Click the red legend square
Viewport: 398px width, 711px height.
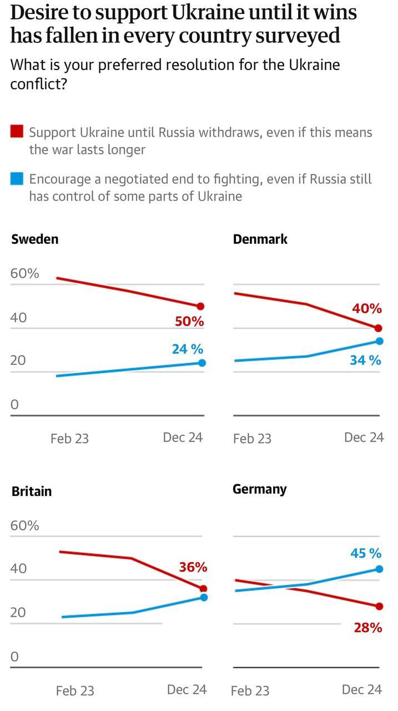(17, 132)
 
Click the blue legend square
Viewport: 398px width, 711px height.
(17, 178)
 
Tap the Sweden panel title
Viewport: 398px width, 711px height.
(34, 239)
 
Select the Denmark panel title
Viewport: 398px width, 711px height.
(260, 239)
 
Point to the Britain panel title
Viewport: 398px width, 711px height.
(32, 491)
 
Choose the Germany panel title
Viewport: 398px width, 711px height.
(259, 489)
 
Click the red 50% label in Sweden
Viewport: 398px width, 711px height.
(189, 322)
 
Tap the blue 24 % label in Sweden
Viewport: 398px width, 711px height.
(187, 349)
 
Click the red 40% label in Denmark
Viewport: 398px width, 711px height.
(366, 309)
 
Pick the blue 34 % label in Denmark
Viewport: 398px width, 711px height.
(365, 360)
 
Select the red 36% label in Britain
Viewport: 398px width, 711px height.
(193, 567)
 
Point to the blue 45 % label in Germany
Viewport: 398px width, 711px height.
(366, 553)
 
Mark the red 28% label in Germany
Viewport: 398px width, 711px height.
(367, 628)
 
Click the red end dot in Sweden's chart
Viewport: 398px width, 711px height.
(201, 306)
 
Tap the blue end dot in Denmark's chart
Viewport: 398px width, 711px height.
(379, 341)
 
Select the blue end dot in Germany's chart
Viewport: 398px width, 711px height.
(379, 569)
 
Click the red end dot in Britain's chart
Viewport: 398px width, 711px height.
(203, 589)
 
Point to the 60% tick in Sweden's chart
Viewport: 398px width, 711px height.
(25, 274)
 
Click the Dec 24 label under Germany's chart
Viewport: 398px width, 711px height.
(362, 689)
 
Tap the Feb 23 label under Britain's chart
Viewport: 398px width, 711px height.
(75, 691)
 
